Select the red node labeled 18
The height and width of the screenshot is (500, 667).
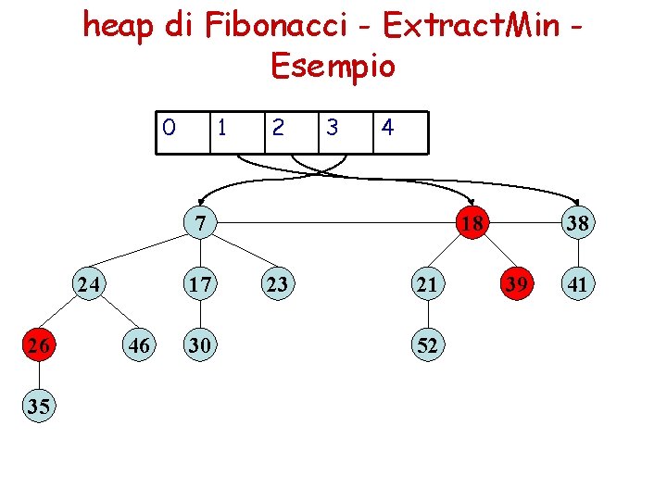coord(472,223)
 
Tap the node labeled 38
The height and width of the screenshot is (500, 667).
coord(578,223)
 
